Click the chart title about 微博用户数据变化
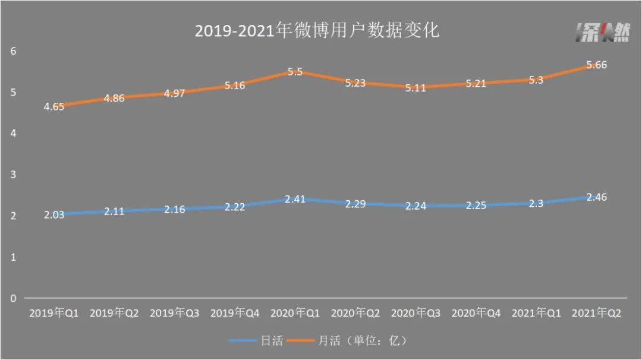pyautogui.click(x=317, y=30)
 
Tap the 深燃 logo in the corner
pyautogui.click(x=601, y=33)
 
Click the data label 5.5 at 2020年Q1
pyautogui.click(x=295, y=72)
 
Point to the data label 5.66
pyautogui.click(x=596, y=65)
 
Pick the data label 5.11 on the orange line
pyautogui.click(x=416, y=87)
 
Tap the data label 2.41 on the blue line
pyautogui.click(x=295, y=199)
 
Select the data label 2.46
pyautogui.click(x=596, y=197)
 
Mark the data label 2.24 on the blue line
pyautogui.click(x=416, y=206)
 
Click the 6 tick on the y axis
pyautogui.click(x=13, y=51)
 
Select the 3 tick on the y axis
pyautogui.click(x=13, y=175)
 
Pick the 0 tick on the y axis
pyautogui.click(x=13, y=298)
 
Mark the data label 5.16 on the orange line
pyautogui.click(x=234, y=86)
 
